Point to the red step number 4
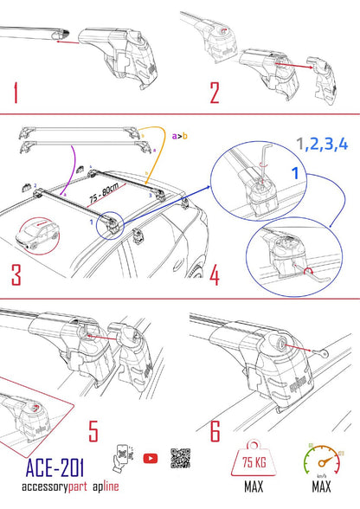(213, 274)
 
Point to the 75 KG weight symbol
(253, 466)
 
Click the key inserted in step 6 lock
(315, 354)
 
